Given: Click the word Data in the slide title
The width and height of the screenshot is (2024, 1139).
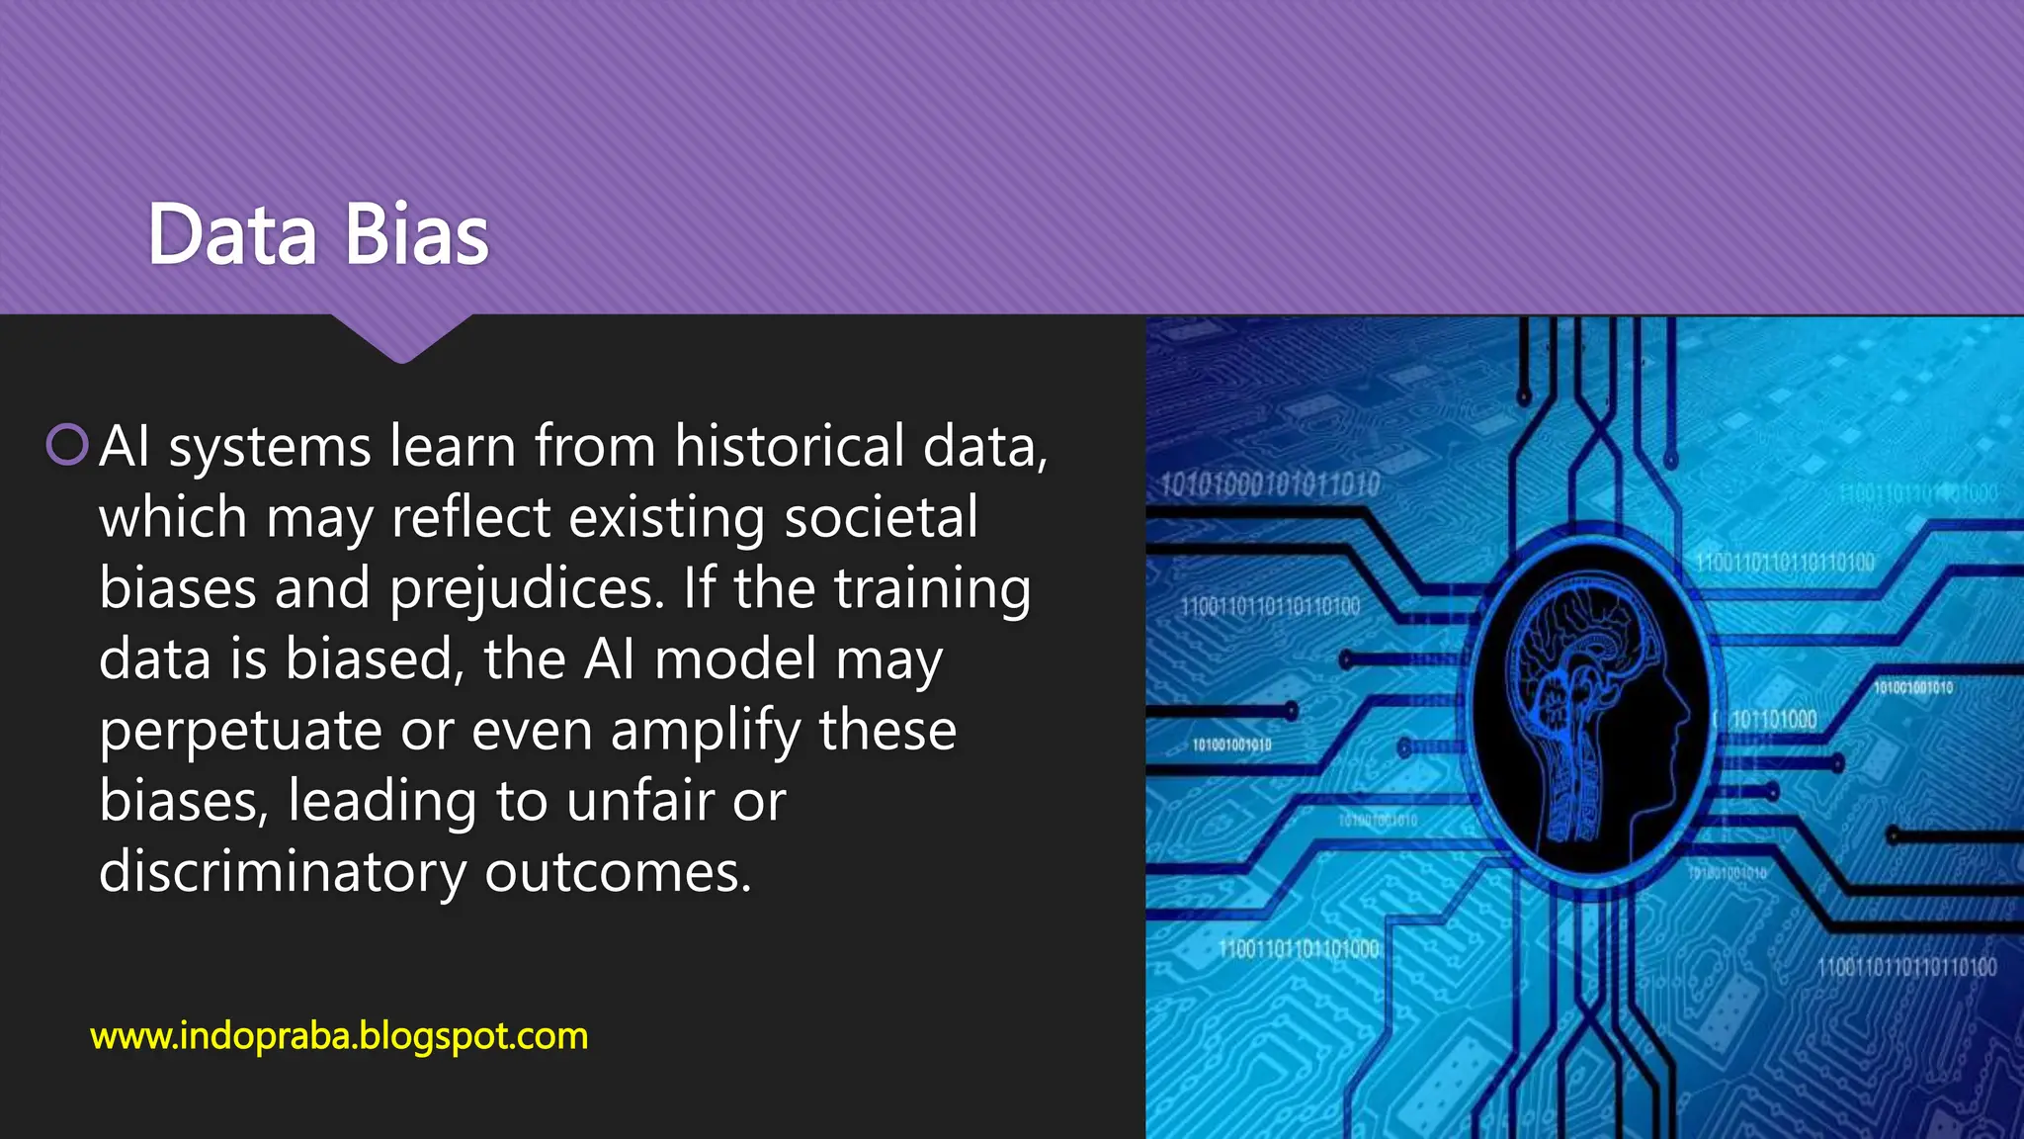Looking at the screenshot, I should pos(232,235).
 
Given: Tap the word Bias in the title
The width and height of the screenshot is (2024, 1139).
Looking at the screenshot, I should pos(417,235).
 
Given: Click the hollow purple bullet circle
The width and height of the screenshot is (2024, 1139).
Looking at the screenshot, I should pos(67,445).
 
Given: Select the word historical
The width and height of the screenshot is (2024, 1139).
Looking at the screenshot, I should pos(789,446).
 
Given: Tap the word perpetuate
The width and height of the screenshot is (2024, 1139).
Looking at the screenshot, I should pos(240,732).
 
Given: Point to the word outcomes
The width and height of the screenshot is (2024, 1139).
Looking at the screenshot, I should pos(618,872).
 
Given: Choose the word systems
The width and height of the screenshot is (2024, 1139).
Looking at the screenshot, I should pos(269,447).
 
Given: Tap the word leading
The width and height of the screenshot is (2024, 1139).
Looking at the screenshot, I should pos(381,802).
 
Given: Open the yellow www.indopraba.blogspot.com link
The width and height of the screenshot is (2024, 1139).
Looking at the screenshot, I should pos(339,1036).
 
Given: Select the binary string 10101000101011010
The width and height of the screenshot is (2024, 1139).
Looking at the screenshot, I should pos(1270,484).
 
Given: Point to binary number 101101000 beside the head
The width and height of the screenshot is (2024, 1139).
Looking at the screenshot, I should pos(1774,720).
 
